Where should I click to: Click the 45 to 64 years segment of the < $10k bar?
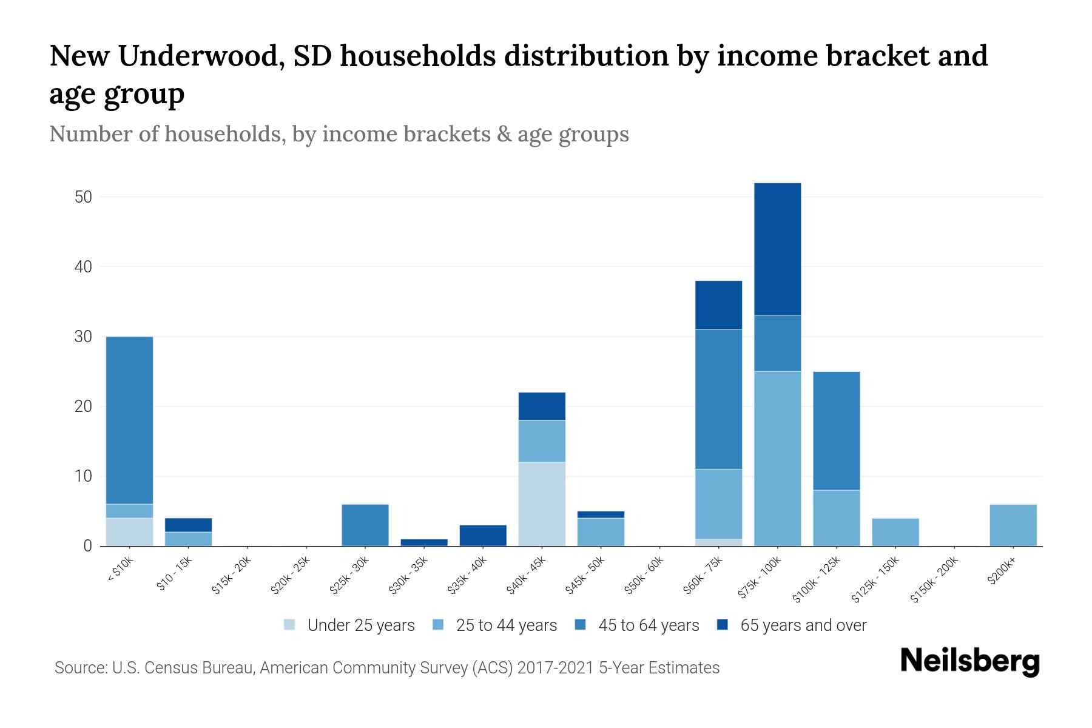[129, 420]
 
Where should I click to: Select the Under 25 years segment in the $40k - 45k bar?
[542, 504]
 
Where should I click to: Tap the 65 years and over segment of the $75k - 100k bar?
[777, 249]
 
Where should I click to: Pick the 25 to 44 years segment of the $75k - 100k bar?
[777, 458]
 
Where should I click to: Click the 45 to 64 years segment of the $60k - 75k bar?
[718, 399]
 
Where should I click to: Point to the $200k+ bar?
[1013, 525]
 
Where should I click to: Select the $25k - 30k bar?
[365, 525]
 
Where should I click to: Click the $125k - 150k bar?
[895, 532]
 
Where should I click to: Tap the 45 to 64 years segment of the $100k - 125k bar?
[836, 430]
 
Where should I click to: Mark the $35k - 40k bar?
[483, 535]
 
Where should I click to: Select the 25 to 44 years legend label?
[506, 625]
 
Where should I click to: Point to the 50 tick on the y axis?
[83, 197]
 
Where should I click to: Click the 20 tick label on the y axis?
[83, 406]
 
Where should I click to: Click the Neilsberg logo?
[969, 661]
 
